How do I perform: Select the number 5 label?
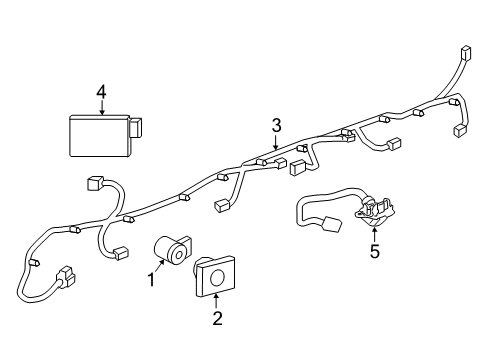pyautogui.click(x=374, y=251)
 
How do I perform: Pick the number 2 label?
pyautogui.click(x=216, y=319)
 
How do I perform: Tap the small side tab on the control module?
pyautogui.click(x=135, y=128)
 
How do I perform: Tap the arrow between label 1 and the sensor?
pyautogui.click(x=161, y=268)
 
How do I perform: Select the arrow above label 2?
pyautogui.click(x=215, y=302)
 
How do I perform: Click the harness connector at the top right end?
pyautogui.click(x=464, y=54)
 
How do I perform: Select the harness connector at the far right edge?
pyautogui.click(x=462, y=129)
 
